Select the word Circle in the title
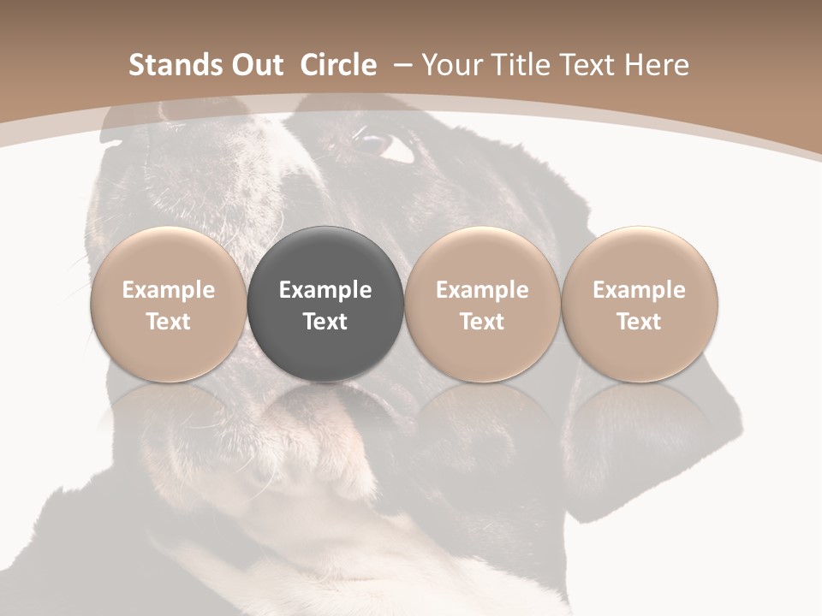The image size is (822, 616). click(338, 65)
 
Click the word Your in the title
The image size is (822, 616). click(450, 65)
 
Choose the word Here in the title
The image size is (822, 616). click(657, 65)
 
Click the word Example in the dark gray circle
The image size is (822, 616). click(325, 290)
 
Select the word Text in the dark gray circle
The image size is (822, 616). click(325, 322)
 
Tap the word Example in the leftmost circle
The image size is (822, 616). click(169, 290)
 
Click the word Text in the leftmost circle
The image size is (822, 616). click(169, 322)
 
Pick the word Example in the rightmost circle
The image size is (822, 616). click(640, 290)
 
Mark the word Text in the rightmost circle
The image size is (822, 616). click(640, 322)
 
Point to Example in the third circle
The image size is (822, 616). click(482, 290)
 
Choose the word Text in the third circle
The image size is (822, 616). click(482, 322)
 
